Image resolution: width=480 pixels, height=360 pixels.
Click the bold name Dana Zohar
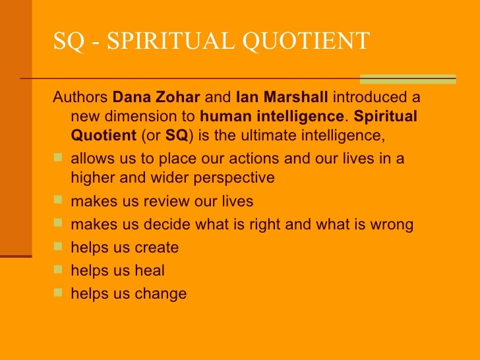click(156, 98)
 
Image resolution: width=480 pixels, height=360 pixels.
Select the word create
click(156, 249)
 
